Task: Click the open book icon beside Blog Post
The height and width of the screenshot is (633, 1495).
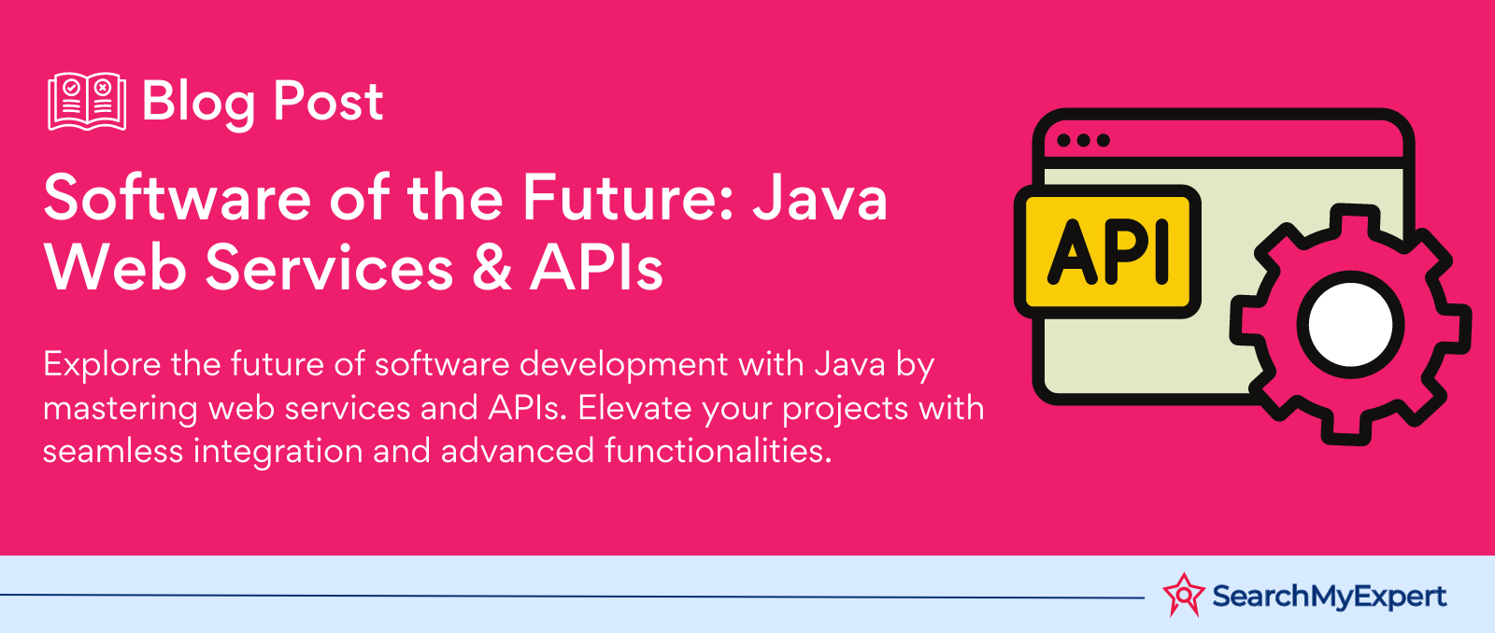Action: click(87, 102)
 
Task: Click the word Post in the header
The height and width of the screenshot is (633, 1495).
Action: click(328, 102)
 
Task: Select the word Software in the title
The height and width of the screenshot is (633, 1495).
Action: click(178, 197)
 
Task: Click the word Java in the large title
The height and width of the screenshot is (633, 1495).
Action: click(820, 197)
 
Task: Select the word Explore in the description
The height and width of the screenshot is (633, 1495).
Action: click(102, 364)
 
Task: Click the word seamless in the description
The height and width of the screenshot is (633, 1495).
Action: click(113, 451)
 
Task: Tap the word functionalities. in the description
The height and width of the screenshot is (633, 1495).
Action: click(719, 451)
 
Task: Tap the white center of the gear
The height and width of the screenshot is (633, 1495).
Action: click(1351, 325)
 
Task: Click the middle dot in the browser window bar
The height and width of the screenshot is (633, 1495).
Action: click(1084, 140)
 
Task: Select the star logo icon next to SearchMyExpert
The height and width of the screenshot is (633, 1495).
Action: click(1184, 595)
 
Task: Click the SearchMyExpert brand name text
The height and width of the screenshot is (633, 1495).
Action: click(1330, 597)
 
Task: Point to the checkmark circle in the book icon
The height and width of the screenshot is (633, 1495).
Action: click(71, 88)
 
